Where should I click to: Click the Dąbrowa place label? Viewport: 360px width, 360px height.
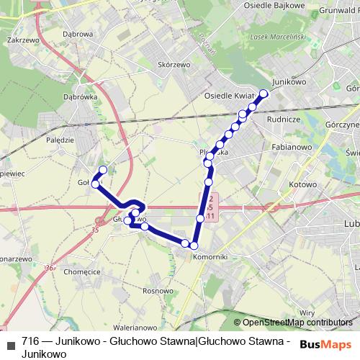tap(78, 34)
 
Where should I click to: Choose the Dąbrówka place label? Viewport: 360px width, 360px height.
tap(80, 96)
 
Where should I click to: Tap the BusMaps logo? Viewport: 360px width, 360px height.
tap(325, 343)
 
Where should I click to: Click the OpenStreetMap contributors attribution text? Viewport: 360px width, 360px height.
tap(297, 323)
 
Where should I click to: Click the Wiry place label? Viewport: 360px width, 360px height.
tap(307, 312)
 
